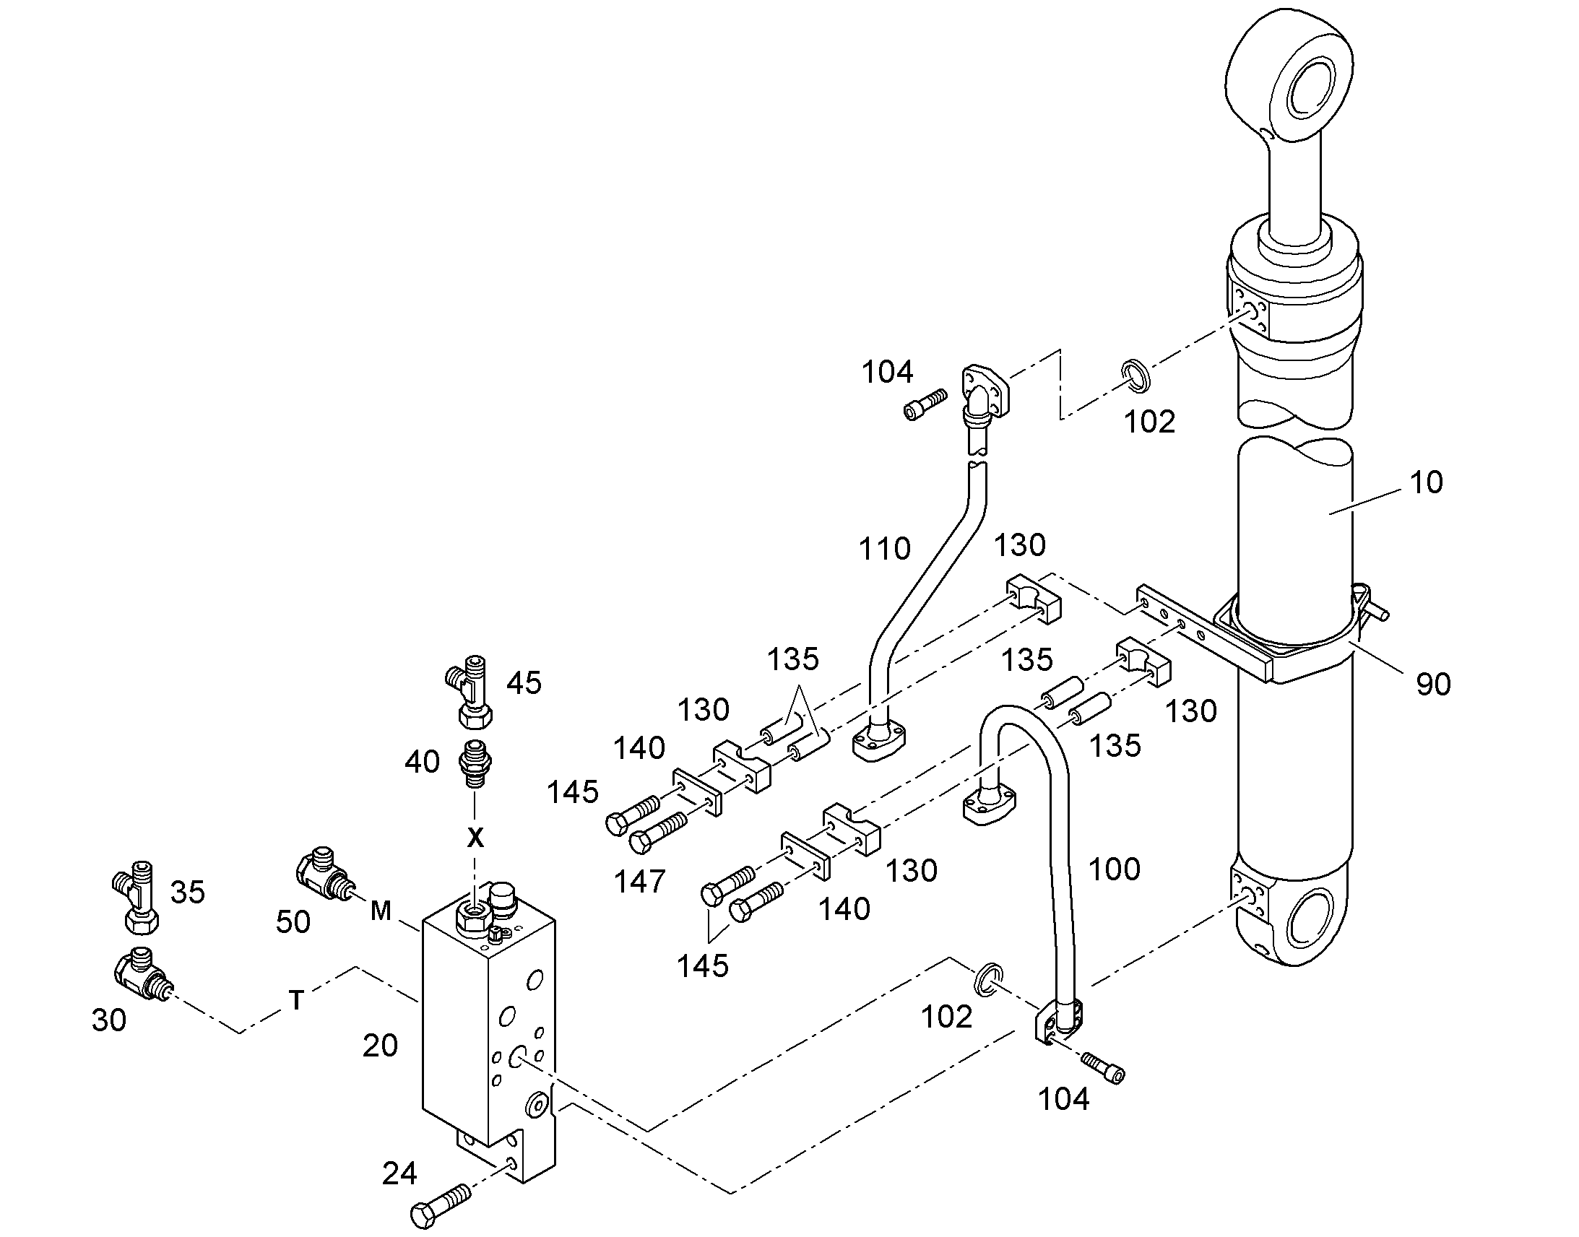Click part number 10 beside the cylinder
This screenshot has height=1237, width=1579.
(x=1426, y=482)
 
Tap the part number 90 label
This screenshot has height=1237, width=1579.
(x=1433, y=684)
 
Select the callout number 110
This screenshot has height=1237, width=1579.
(x=884, y=549)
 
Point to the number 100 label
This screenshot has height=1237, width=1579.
(x=1114, y=869)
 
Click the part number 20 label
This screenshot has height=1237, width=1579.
(x=380, y=1046)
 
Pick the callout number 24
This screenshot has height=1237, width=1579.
(x=399, y=1174)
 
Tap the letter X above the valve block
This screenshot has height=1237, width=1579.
(x=475, y=838)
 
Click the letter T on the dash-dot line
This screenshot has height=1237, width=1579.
(x=296, y=1000)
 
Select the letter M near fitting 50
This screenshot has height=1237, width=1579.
(x=381, y=911)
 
